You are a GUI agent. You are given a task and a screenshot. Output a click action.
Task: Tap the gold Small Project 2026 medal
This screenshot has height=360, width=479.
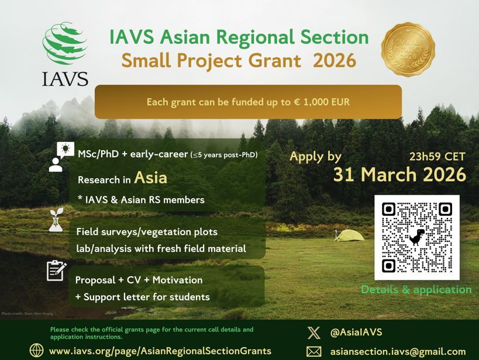[408, 50]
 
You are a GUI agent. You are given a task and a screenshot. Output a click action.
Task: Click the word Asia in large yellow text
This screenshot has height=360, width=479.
[150, 177]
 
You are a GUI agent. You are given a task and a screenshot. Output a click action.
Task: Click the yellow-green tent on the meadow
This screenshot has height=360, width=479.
[349, 235]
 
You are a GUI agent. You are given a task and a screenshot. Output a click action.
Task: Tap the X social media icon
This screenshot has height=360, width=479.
[313, 333]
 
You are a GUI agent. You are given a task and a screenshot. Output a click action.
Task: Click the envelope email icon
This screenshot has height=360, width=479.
[313, 351]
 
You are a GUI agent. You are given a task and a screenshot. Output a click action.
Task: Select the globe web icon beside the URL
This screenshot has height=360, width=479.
[36, 350]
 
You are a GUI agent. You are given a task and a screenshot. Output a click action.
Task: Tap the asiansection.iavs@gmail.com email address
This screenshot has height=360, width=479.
[398, 351]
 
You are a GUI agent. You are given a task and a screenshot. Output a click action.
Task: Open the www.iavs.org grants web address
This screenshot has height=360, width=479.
[160, 351]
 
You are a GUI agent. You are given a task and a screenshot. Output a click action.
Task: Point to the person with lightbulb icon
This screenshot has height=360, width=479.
[60, 156]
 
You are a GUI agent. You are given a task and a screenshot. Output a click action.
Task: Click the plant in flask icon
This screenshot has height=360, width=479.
[56, 219]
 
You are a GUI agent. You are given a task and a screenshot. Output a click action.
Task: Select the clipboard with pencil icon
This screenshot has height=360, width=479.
[57, 271]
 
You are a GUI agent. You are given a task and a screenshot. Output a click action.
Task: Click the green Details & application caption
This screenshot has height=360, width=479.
[416, 289]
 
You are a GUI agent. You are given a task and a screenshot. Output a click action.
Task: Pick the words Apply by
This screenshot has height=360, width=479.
[315, 157]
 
